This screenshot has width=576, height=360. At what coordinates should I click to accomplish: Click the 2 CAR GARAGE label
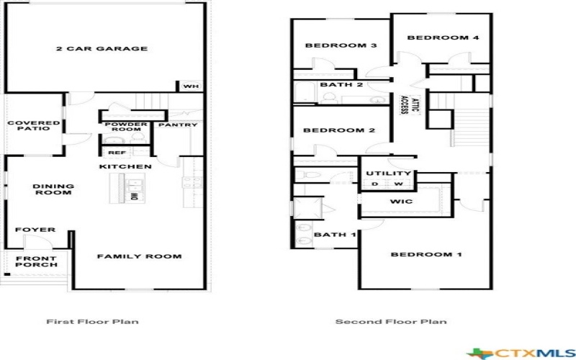(102, 49)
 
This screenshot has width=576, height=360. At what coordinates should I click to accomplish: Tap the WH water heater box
(189, 86)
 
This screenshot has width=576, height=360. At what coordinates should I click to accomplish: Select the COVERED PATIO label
(33, 125)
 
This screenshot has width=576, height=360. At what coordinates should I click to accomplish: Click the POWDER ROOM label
(126, 127)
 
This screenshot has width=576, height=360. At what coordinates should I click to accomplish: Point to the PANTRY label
(178, 125)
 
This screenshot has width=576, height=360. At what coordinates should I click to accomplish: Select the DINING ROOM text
(53, 189)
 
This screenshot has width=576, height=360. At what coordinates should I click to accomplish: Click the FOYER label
(35, 230)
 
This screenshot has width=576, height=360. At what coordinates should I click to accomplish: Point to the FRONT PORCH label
(36, 261)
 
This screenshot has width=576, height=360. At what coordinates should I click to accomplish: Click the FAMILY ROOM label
(139, 256)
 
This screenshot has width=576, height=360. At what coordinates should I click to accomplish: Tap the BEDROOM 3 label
(331, 46)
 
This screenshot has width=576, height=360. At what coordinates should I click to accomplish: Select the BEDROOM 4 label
(433, 37)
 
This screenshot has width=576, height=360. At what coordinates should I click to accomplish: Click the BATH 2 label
(341, 85)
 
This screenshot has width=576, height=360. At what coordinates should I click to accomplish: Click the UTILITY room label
(389, 174)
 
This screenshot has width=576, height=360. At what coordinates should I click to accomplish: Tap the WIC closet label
(401, 202)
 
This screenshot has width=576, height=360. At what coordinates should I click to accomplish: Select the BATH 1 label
(336, 234)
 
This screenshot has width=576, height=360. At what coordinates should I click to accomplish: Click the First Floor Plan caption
(92, 322)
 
